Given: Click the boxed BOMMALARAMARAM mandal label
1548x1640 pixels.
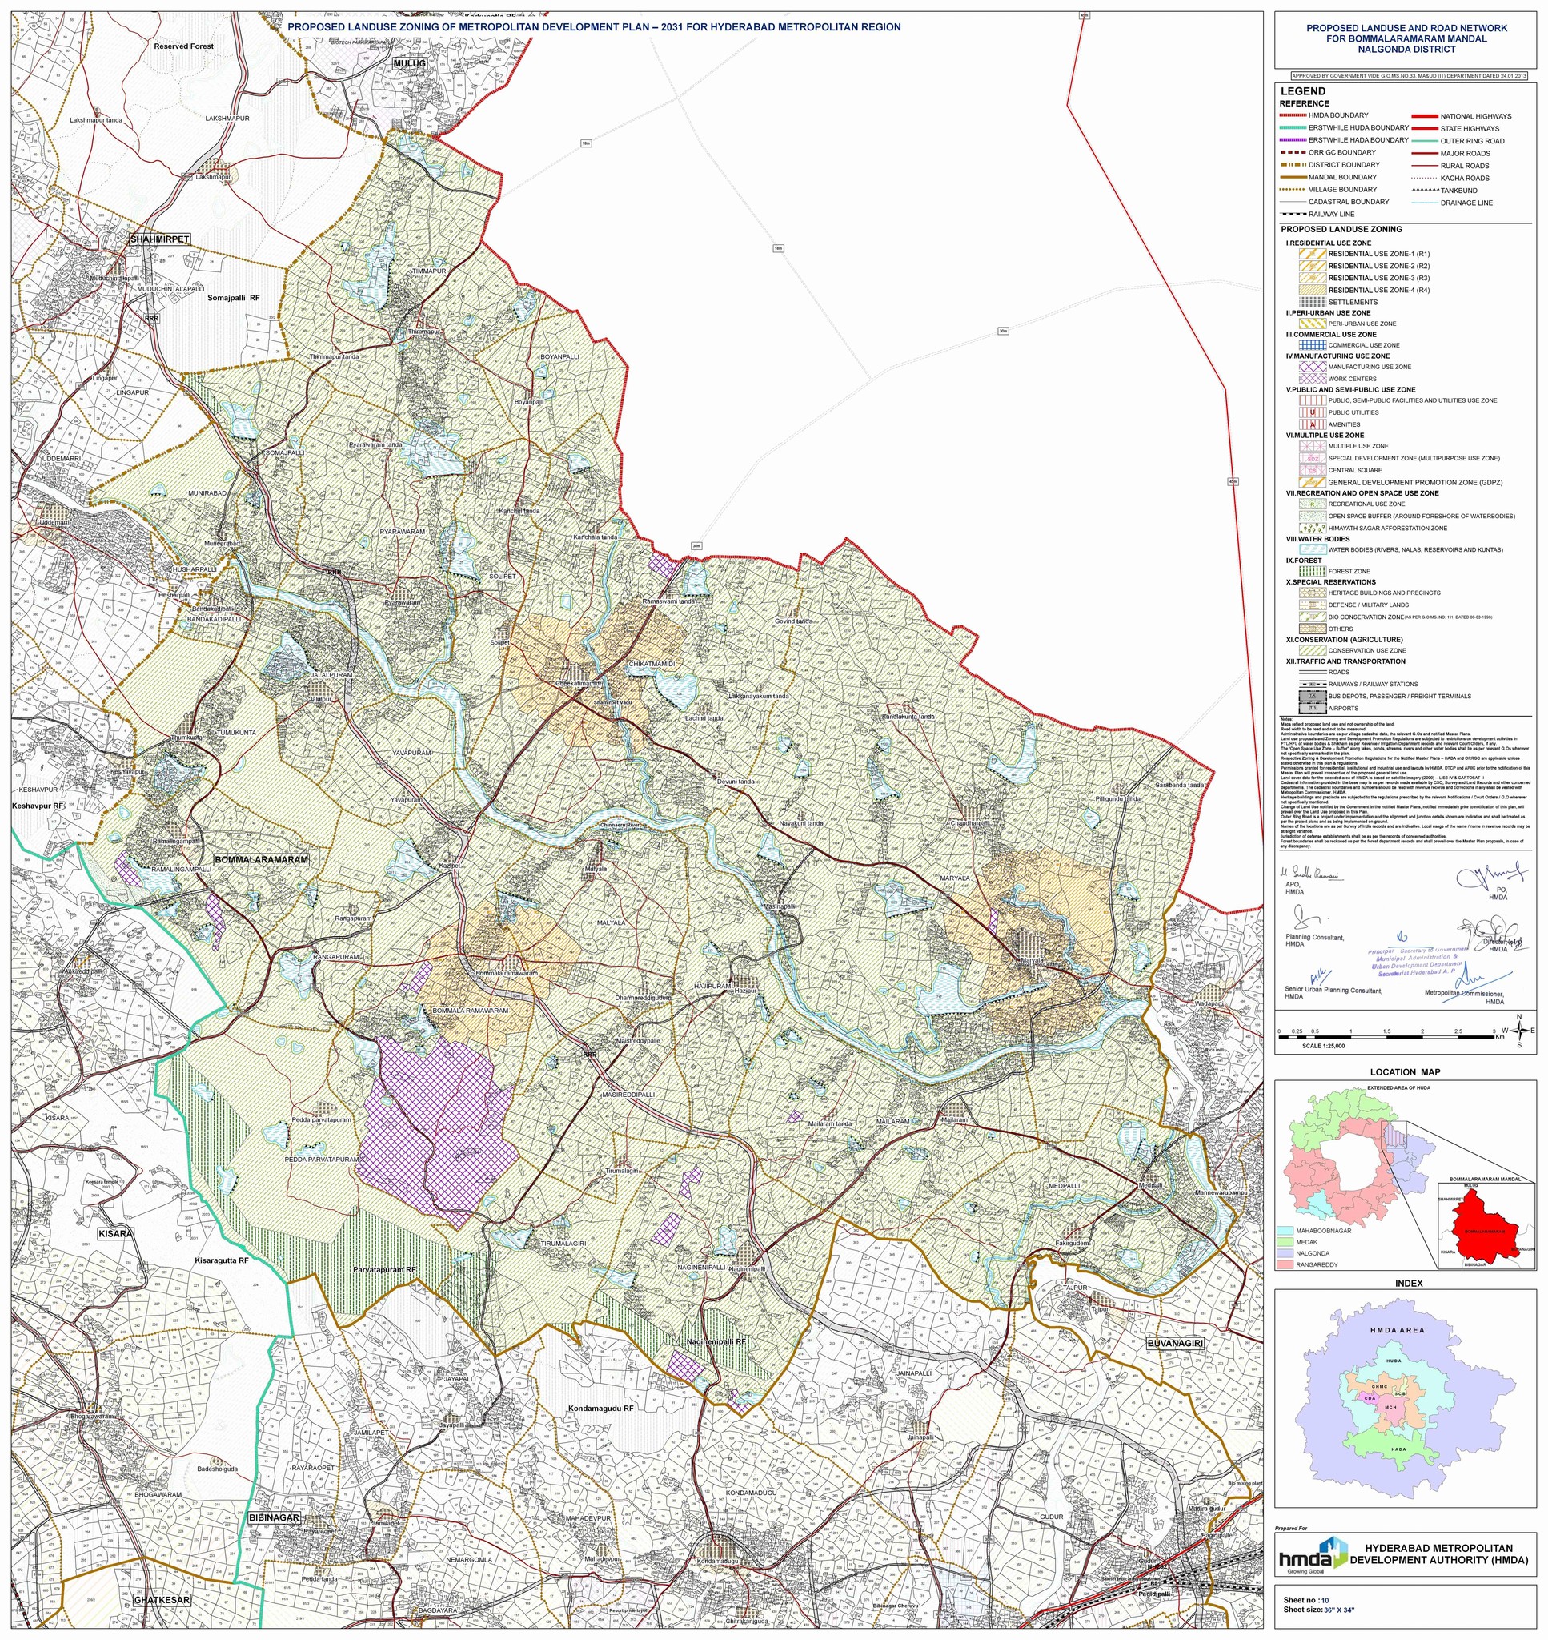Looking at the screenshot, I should point(261,859).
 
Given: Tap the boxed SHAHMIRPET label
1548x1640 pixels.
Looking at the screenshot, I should point(160,239).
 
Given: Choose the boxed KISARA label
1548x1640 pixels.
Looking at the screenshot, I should point(114,1233).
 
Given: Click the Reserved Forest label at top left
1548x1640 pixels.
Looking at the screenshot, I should point(183,46).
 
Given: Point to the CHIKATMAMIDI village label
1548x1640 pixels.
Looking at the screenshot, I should point(652,665).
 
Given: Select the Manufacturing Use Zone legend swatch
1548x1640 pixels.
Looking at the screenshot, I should point(1313,367).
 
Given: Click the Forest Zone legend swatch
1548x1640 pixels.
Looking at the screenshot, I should point(1313,571).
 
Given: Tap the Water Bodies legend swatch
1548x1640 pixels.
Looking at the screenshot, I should point(1313,549).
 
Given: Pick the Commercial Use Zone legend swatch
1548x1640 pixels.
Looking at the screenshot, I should point(1313,345).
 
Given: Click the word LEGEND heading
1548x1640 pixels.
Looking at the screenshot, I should point(1303,91).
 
